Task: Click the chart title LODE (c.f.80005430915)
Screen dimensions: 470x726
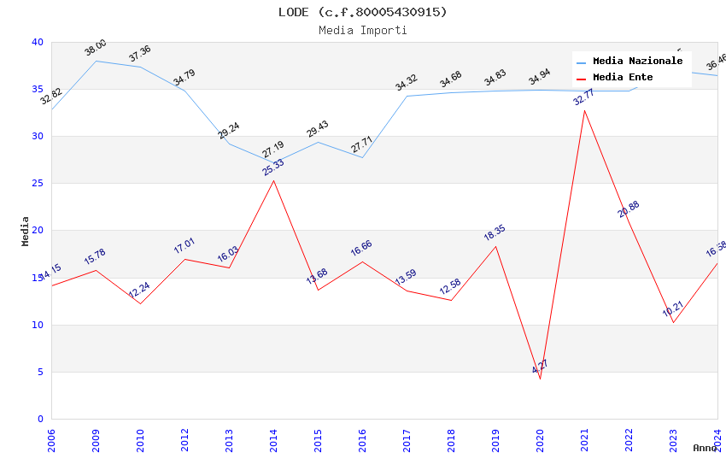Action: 362,12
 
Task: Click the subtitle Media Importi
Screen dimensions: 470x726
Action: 362,31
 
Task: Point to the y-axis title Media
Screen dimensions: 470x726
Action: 26,231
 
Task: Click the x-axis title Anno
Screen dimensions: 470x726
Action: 705,448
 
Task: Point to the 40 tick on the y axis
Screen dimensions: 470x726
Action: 38,42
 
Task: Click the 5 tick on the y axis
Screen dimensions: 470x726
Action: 40,372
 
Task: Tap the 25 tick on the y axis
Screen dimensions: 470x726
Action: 38,183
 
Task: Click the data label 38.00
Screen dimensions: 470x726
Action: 96,48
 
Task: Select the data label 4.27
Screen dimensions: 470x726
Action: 540,367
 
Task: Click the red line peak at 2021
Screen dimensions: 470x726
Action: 584,110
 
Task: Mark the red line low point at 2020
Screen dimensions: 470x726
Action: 540,379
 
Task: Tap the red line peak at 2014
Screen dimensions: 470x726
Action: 273,180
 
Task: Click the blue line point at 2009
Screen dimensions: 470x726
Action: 96,61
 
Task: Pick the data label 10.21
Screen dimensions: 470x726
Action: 673,308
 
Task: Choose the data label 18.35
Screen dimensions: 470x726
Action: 495,232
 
